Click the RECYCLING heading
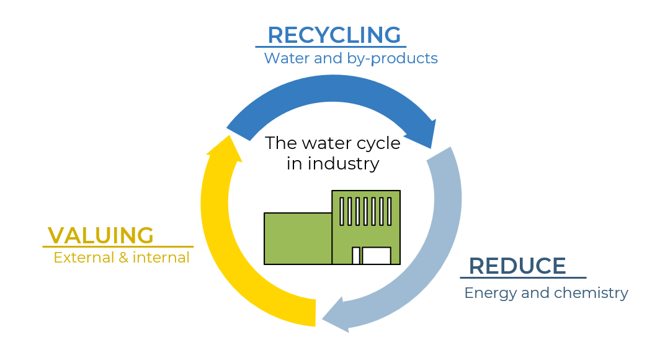coord(334,35)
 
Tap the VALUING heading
coord(100,235)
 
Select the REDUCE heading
coord(517,266)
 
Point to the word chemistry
coord(591,293)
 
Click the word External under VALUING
coord(84,258)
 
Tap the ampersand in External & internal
coord(123,258)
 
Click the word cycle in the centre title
coord(378,144)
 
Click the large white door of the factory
coord(377,256)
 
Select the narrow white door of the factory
coord(356,256)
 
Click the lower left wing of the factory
coord(298,238)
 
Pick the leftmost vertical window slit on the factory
coord(342,212)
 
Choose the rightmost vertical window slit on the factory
coord(390,212)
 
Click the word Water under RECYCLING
coord(287,58)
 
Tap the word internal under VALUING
coord(161,258)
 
